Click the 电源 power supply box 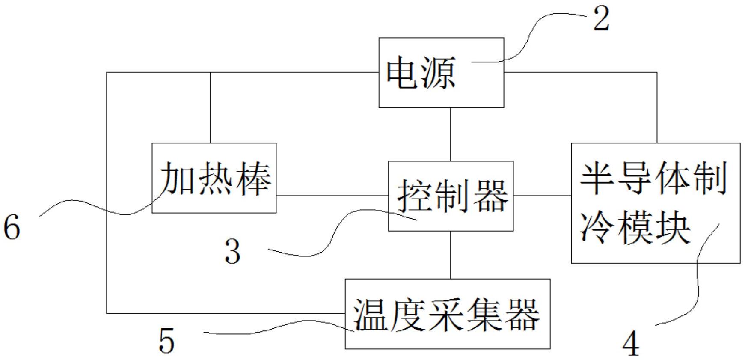[441, 72]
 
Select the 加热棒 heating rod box [214, 178]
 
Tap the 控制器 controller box [450, 196]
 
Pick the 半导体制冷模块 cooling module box [655, 202]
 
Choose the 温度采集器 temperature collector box [447, 314]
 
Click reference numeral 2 [601, 19]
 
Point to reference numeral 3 [233, 251]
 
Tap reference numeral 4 [630, 344]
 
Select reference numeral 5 [166, 341]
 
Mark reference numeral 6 [12, 227]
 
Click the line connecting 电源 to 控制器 [450, 134]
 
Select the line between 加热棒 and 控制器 [332, 196]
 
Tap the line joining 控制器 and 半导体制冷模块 [542, 196]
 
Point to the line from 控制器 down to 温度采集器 [450, 255]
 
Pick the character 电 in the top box [402, 73]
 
